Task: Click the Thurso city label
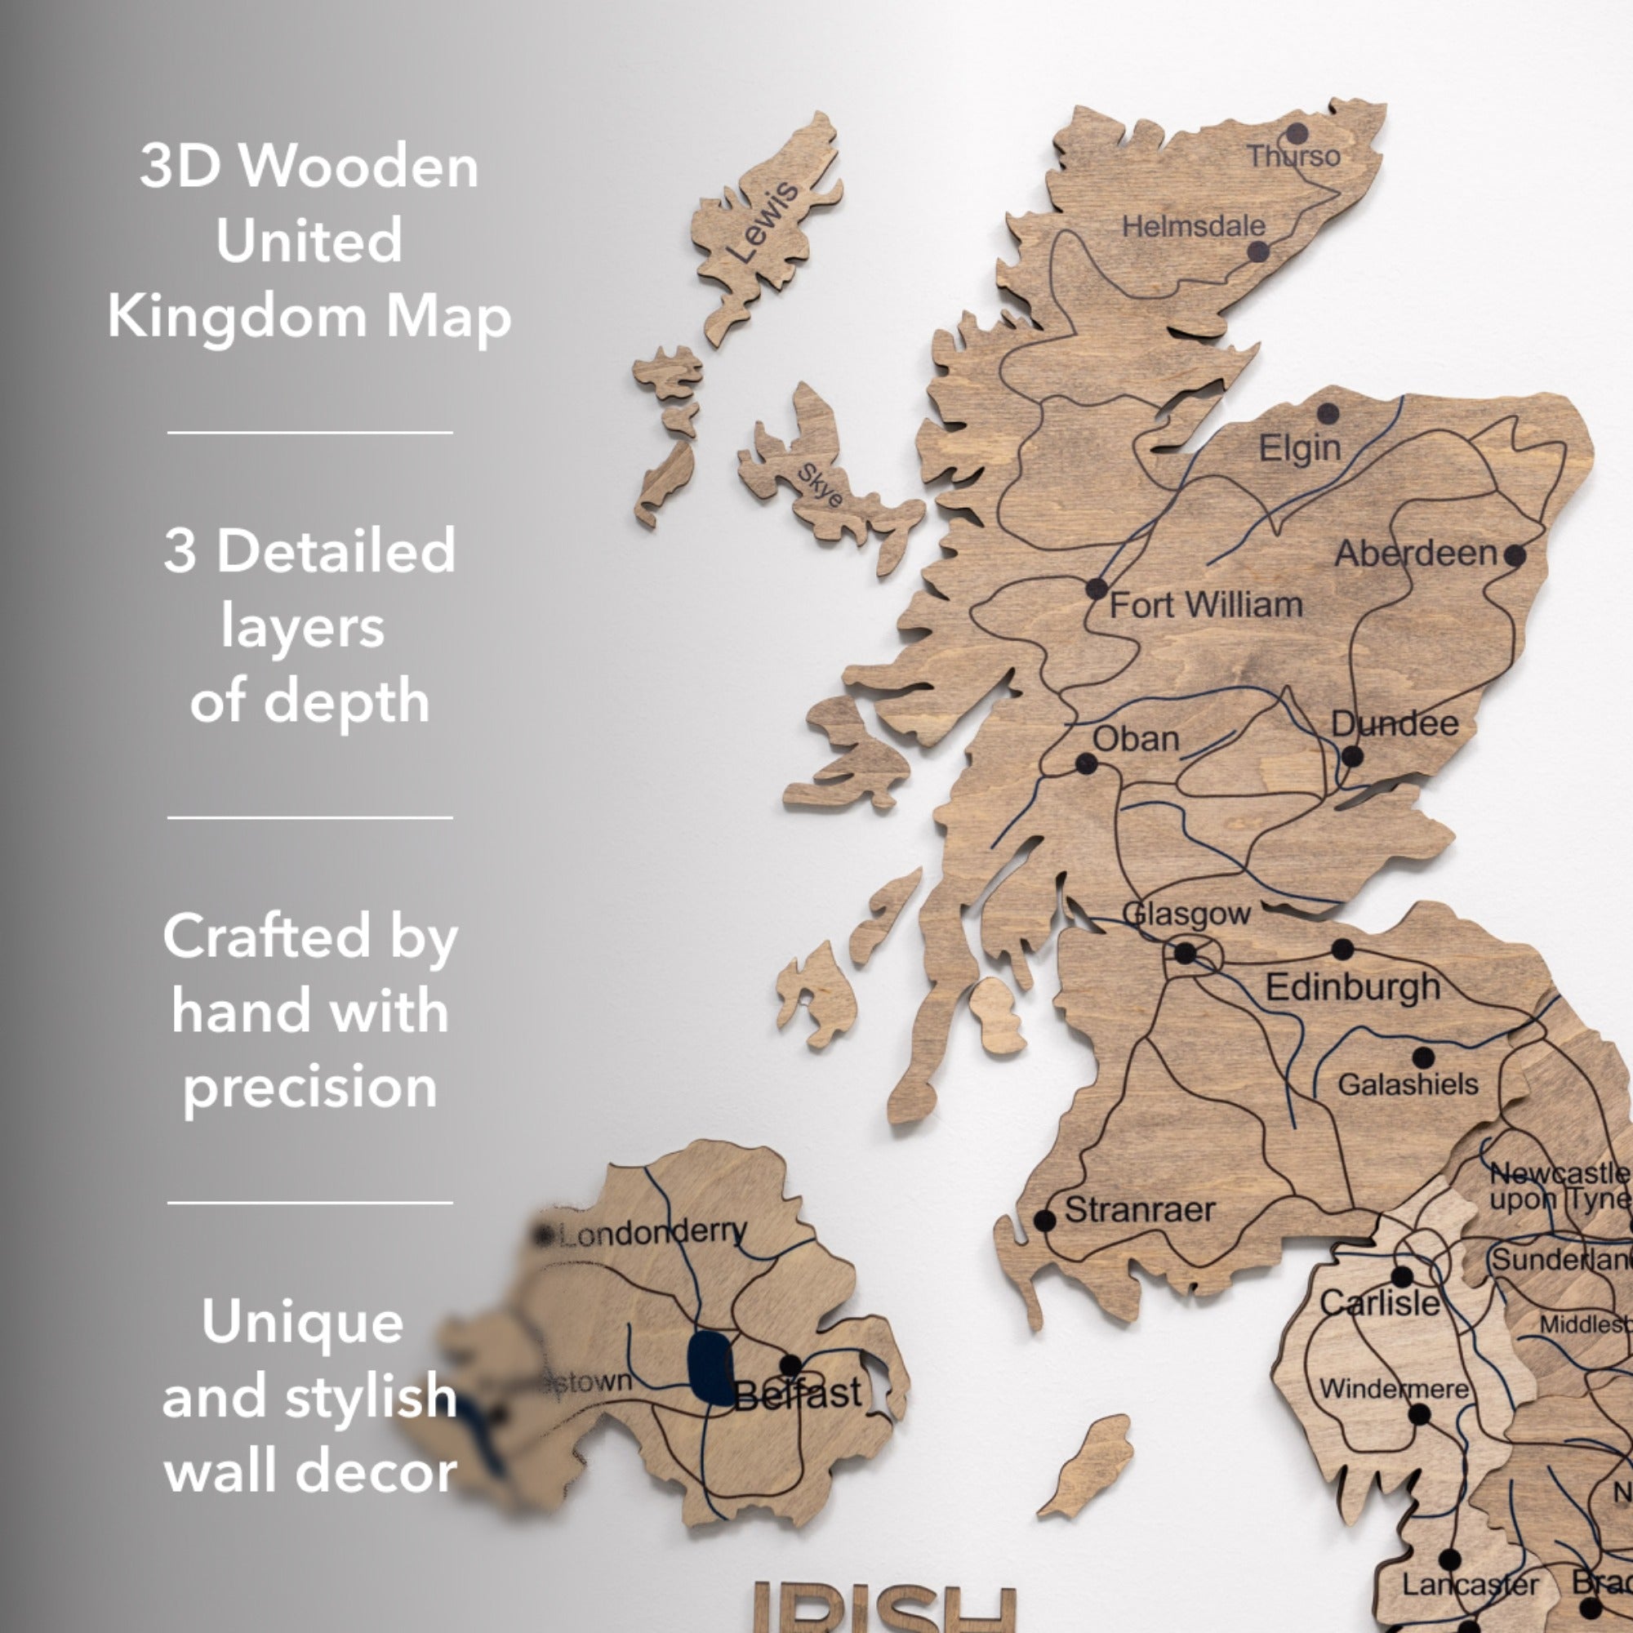point(1293,157)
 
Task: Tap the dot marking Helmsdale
point(1257,251)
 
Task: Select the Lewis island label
point(763,221)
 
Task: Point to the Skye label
point(820,485)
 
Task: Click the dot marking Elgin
point(1328,414)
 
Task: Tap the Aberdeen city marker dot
point(1515,555)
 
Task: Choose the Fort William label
point(1205,605)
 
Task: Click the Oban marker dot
point(1086,764)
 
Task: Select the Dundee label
point(1395,723)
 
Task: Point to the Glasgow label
point(1186,914)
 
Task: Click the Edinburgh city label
point(1352,987)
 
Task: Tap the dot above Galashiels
point(1423,1057)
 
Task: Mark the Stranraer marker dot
point(1045,1221)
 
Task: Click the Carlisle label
point(1379,1302)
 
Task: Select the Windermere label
point(1394,1389)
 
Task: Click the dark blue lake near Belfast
point(710,1368)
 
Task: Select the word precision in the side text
point(310,1086)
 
